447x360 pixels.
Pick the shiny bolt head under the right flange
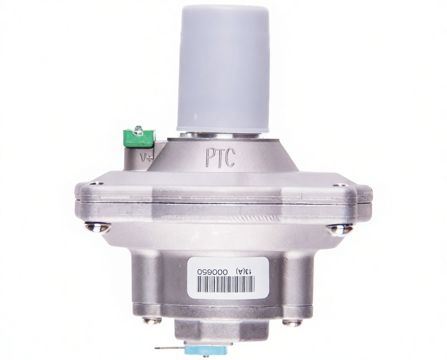[339, 229]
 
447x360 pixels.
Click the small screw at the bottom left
[152, 320]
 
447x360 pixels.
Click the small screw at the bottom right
[292, 322]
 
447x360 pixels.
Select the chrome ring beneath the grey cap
[223, 135]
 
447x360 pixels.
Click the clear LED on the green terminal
[138, 130]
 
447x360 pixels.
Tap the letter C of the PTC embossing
[230, 158]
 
